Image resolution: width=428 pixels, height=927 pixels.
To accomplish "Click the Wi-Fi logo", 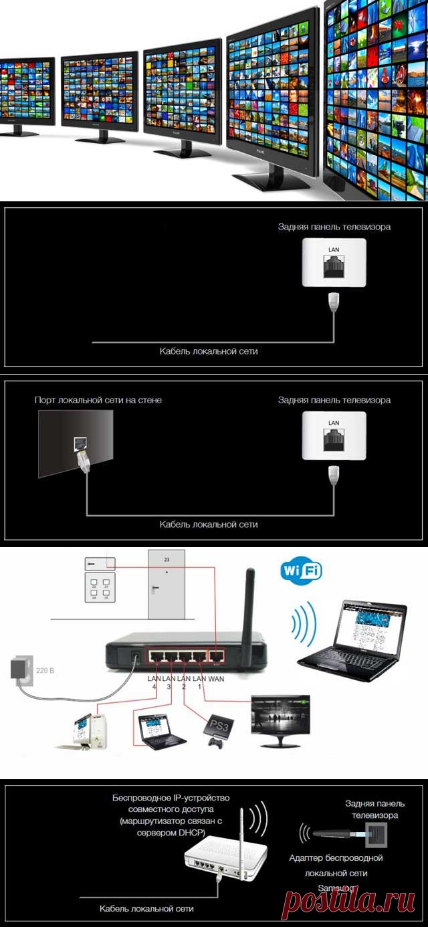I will (301, 572).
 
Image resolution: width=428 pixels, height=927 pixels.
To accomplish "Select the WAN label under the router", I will (217, 679).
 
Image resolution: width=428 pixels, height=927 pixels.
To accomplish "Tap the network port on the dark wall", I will (79, 443).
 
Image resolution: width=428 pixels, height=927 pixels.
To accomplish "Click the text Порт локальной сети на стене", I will (98, 400).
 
